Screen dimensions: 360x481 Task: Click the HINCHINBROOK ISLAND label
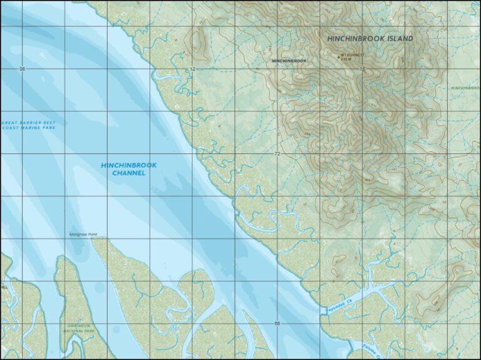[x=370, y=39]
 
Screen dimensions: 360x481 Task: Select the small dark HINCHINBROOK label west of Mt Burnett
[x=289, y=61]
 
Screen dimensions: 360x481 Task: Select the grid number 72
[x=277, y=153]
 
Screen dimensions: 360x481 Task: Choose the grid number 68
[x=277, y=323]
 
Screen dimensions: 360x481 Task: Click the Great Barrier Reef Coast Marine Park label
[x=29, y=125]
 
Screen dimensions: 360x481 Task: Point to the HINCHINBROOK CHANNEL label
[x=128, y=169]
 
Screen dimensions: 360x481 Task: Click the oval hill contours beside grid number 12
[x=200, y=41]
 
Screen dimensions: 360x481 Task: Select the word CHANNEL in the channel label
[x=128, y=173]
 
